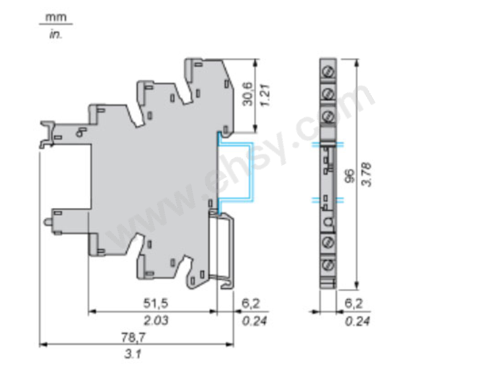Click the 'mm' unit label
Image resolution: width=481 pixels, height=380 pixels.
point(56,17)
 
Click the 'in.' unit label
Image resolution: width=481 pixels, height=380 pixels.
point(55,34)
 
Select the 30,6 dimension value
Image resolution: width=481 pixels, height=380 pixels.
point(248,94)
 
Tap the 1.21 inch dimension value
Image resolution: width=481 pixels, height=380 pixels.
point(265,95)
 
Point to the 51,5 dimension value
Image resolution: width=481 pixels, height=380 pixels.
point(156,303)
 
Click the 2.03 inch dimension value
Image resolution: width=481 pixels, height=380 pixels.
point(156,321)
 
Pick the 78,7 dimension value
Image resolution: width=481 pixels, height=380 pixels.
point(133,338)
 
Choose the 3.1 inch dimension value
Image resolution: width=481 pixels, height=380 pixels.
point(133,354)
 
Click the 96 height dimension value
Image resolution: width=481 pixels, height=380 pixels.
point(349,176)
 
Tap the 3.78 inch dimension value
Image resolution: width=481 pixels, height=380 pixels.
point(366,175)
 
